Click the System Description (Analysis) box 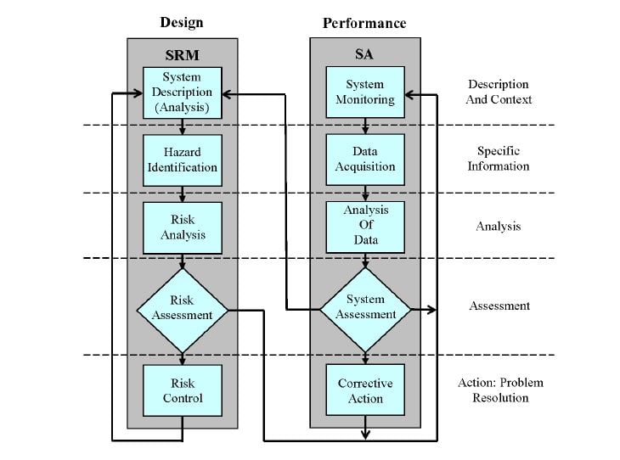point(182,93)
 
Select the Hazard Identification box point(182,160)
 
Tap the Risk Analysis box point(182,227)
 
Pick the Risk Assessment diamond point(182,308)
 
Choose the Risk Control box point(182,390)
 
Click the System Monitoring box point(365,93)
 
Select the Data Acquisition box point(365,160)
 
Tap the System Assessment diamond point(365,308)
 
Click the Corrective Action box point(365,390)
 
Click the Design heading point(182,22)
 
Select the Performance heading point(364,23)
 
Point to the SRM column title point(182,55)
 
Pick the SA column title point(365,55)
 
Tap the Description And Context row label point(499,92)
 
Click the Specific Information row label point(499,159)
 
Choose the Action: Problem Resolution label point(500,390)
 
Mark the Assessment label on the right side point(499,306)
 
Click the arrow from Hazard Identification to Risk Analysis point(182,193)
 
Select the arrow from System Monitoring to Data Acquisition point(365,126)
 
